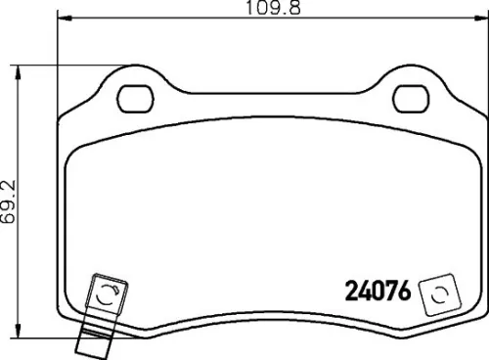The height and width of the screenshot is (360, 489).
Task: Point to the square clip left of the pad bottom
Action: coord(105,292)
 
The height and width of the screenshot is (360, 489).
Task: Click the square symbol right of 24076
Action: coord(437,294)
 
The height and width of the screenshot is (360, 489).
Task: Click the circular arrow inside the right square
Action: coord(437,294)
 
